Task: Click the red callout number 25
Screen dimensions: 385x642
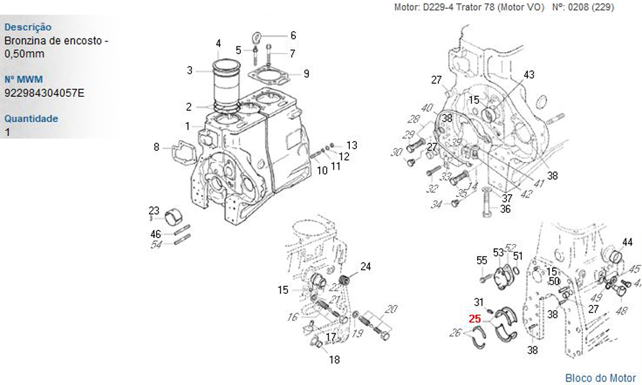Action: tap(475, 318)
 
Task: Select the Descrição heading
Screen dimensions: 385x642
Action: tap(28, 28)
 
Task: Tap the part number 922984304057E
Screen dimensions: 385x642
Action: tap(44, 92)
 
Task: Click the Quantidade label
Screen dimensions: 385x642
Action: tap(31, 119)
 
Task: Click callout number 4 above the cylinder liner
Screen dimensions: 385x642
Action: tap(218, 44)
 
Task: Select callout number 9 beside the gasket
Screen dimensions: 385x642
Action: tap(306, 74)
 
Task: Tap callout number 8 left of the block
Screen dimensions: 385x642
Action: tap(156, 148)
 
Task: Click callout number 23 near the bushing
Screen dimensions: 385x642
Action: tap(154, 210)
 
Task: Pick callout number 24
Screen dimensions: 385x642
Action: tap(365, 266)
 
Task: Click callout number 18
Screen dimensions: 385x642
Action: tap(334, 360)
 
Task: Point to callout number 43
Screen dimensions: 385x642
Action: tap(528, 75)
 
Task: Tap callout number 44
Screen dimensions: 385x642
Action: tap(627, 242)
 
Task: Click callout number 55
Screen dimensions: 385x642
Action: tap(481, 260)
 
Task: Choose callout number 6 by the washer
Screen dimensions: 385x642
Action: tap(293, 35)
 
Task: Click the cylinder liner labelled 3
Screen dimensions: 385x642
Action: tap(225, 80)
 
